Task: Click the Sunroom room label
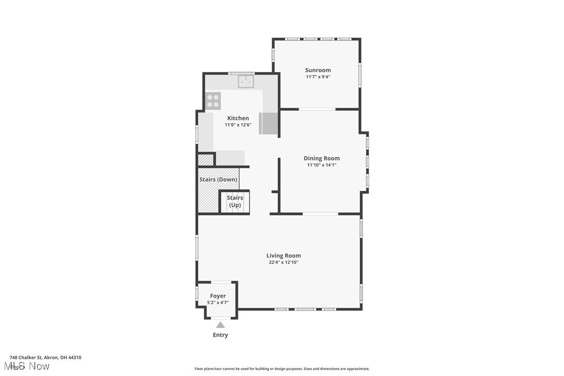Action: (x=318, y=70)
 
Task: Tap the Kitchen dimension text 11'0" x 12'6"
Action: (x=238, y=125)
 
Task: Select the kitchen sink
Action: (x=246, y=82)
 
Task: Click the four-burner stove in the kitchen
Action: (x=213, y=100)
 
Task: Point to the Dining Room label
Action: (x=321, y=158)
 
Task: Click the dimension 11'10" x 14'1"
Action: (x=321, y=165)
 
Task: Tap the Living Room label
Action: (x=284, y=256)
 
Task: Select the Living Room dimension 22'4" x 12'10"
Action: (x=284, y=262)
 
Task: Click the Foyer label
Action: (x=218, y=296)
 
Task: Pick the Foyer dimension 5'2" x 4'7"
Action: (x=218, y=302)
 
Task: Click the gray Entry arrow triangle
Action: (x=220, y=325)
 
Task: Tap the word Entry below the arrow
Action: (x=220, y=335)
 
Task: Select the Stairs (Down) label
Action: (x=218, y=180)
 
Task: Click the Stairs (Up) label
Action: (x=235, y=202)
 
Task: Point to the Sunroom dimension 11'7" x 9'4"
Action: (x=318, y=77)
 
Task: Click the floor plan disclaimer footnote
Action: (x=282, y=369)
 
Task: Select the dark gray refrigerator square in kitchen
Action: (x=269, y=123)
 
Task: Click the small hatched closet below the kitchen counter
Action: (x=206, y=159)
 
